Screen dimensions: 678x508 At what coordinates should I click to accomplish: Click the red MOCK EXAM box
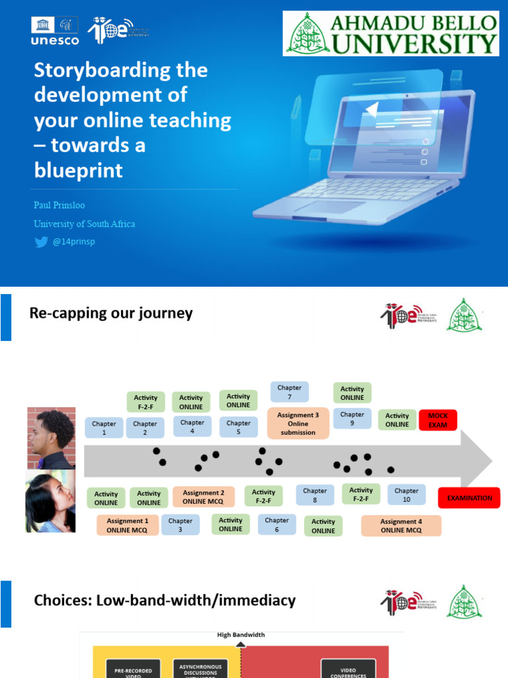tap(438, 420)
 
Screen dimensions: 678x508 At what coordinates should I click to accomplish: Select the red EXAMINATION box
tap(469, 498)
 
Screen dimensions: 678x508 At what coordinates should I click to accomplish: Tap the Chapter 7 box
tap(289, 392)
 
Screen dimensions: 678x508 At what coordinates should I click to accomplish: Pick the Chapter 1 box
tap(104, 428)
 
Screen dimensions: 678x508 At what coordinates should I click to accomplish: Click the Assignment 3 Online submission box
tap(298, 424)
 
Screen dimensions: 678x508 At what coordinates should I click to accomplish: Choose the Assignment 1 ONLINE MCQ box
tap(128, 525)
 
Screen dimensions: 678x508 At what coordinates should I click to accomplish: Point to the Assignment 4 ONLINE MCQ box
tap(401, 526)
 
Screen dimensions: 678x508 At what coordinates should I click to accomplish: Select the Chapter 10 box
tap(406, 495)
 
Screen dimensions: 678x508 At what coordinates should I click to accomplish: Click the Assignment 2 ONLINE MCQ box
tap(203, 497)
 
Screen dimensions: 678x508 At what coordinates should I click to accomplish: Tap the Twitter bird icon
tap(41, 242)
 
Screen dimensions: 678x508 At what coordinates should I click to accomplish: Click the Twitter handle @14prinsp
tap(73, 242)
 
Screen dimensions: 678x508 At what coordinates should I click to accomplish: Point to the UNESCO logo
tap(55, 30)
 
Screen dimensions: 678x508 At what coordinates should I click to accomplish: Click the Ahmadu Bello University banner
tap(392, 33)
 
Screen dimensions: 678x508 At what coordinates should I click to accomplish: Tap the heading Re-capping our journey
tap(111, 313)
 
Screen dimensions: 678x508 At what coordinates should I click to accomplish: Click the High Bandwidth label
tap(241, 635)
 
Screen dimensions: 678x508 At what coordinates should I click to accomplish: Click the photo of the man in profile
tap(51, 438)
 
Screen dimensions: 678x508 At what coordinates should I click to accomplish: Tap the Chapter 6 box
tap(276, 524)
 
